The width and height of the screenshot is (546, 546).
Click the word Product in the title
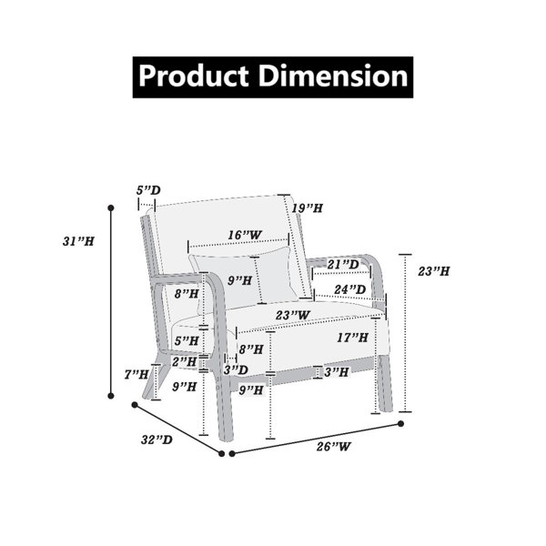(x=194, y=77)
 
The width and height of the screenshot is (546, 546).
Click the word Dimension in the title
(x=333, y=76)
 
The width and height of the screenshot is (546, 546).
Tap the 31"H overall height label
(x=78, y=241)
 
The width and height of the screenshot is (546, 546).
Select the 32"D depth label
(x=157, y=440)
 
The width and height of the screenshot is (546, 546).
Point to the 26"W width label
(x=334, y=447)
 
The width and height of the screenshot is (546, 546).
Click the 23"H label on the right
(x=434, y=271)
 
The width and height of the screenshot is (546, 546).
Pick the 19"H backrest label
(x=308, y=208)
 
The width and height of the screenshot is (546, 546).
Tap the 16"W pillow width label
(x=245, y=235)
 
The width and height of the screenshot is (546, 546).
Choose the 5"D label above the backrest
(x=148, y=190)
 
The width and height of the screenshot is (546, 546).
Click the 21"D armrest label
(x=343, y=265)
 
